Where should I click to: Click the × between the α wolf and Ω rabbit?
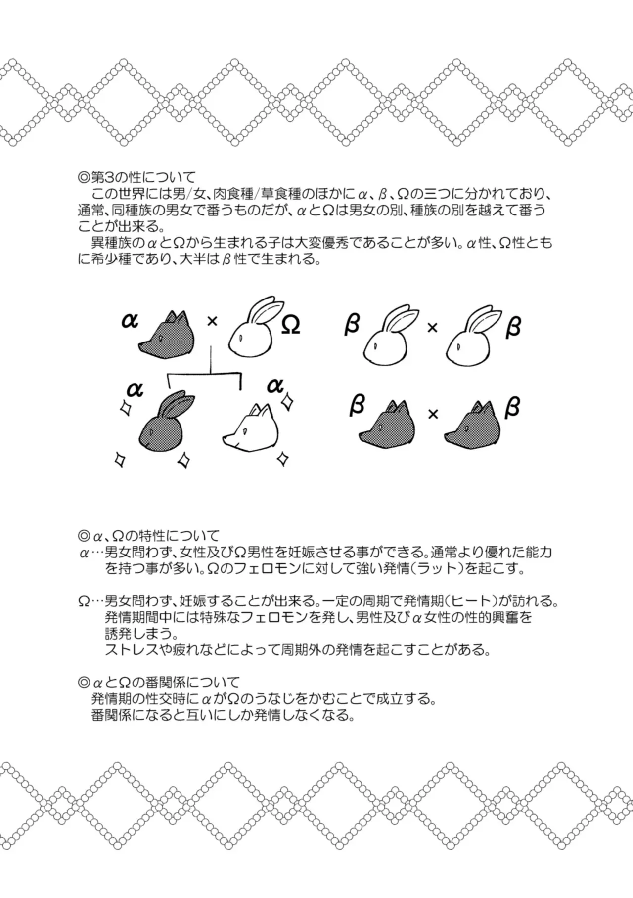coord(212,322)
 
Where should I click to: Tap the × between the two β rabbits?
coord(432,327)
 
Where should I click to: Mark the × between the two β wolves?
coord(433,414)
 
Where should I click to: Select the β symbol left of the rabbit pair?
coord(352,324)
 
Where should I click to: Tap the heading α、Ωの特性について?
coord(148,536)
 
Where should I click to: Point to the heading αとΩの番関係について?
coord(159,683)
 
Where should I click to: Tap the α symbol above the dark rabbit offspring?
coord(135,389)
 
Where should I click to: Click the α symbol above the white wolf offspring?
coord(274,385)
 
